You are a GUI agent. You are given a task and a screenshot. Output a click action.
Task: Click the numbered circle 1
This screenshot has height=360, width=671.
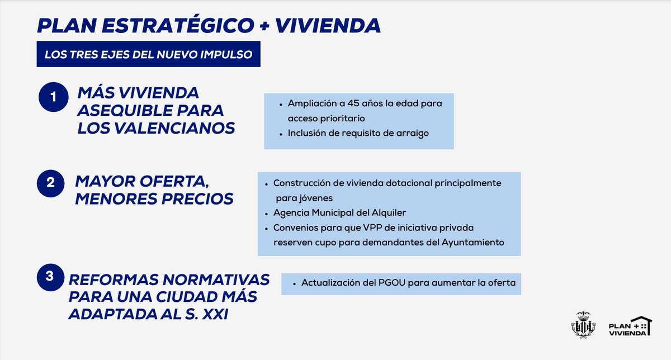(x=53, y=97)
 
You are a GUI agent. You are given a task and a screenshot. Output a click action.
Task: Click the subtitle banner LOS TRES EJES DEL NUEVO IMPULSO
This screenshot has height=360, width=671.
(x=149, y=55)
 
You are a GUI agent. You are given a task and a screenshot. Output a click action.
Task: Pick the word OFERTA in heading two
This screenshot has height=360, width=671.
(x=176, y=182)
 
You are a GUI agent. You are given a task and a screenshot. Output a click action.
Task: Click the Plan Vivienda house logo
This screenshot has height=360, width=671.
(x=630, y=325)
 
